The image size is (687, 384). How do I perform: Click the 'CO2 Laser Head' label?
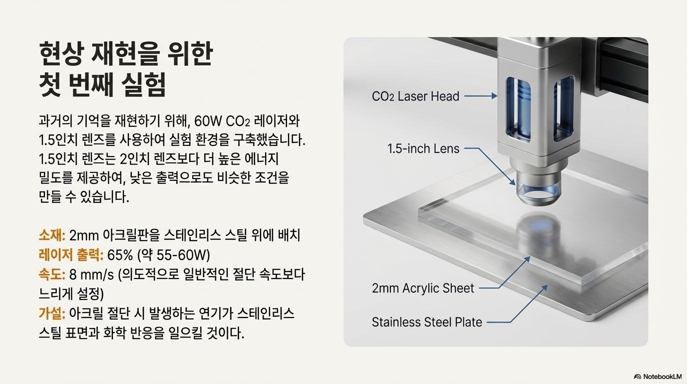point(415,96)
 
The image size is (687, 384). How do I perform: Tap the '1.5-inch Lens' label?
point(423,148)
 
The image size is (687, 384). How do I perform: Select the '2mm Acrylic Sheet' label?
point(423,288)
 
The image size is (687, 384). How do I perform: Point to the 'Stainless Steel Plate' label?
point(427,322)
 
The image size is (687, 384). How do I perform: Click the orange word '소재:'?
point(52,235)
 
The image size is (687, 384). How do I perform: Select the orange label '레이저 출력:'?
point(71,255)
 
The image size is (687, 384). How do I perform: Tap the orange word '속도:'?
point(52,275)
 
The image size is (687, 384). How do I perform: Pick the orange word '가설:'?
point(52,314)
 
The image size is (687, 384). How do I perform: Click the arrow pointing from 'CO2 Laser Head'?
point(480,96)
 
